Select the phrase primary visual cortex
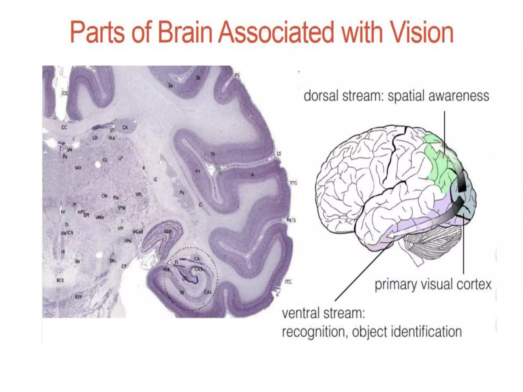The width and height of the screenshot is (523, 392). click(x=433, y=284)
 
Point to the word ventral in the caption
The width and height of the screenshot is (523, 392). click(x=298, y=313)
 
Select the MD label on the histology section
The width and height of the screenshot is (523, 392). click(x=78, y=168)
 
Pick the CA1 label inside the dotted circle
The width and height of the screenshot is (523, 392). click(x=208, y=292)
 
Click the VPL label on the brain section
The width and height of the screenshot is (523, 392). click(x=139, y=194)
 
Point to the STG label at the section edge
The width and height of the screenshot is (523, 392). click(x=293, y=183)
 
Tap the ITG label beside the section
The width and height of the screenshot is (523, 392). click(x=288, y=282)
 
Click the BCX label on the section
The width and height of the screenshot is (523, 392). click(x=60, y=280)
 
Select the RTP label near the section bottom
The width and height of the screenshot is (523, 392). click(x=78, y=297)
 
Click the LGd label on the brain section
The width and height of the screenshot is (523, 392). click(x=168, y=231)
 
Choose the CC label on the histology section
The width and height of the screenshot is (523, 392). click(x=64, y=127)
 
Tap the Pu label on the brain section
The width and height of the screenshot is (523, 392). click(x=182, y=193)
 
